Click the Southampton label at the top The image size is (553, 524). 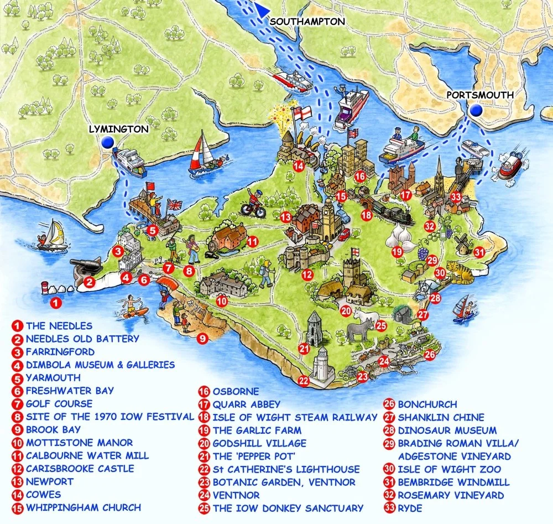tap(307, 21)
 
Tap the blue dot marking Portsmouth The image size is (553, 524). tap(476, 111)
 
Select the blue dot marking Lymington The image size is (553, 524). tap(108, 143)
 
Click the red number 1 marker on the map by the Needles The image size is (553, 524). tap(55, 302)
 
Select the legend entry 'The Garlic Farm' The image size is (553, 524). tap(257, 430)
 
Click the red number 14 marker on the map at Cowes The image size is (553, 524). tap(299, 165)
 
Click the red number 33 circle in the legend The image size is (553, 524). tap(390, 508)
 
